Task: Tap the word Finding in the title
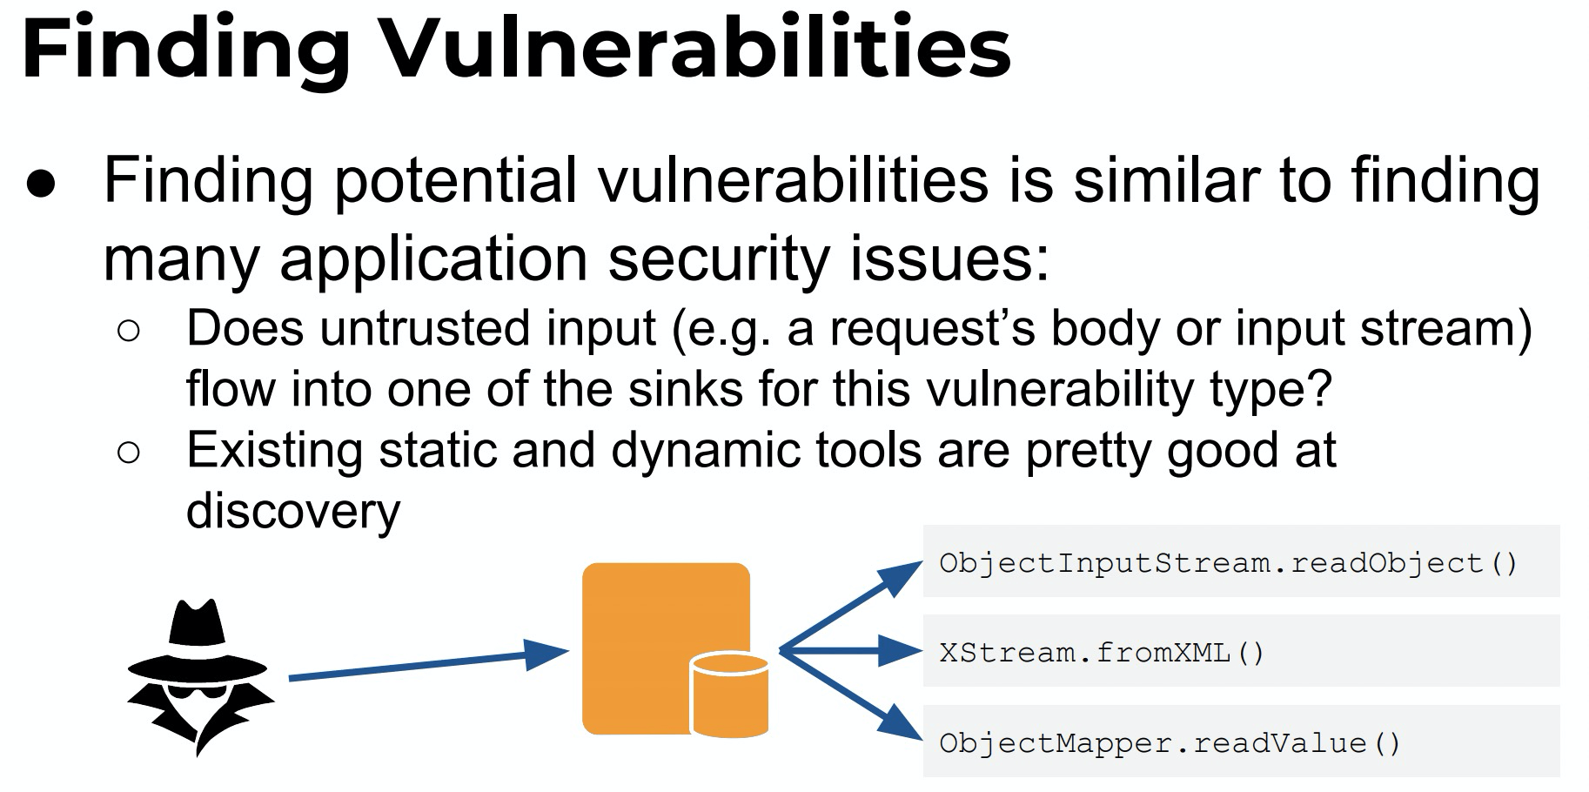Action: pyautogui.click(x=186, y=50)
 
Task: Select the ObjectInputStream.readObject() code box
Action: pyautogui.click(x=1241, y=561)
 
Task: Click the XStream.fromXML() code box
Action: pyautogui.click(x=1241, y=651)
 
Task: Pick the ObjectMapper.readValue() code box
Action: pyautogui.click(x=1241, y=742)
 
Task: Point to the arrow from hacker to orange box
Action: pyautogui.click(x=428, y=665)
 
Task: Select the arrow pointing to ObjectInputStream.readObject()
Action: pyautogui.click(x=850, y=606)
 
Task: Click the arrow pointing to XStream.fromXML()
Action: pyautogui.click(x=850, y=650)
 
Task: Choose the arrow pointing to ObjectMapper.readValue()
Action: pyautogui.click(x=850, y=695)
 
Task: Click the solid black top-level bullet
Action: pyautogui.click(x=41, y=185)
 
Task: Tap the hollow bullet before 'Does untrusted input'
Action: pyautogui.click(x=128, y=332)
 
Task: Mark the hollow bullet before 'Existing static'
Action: pyautogui.click(x=128, y=453)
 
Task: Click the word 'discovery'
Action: pyautogui.click(x=293, y=512)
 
